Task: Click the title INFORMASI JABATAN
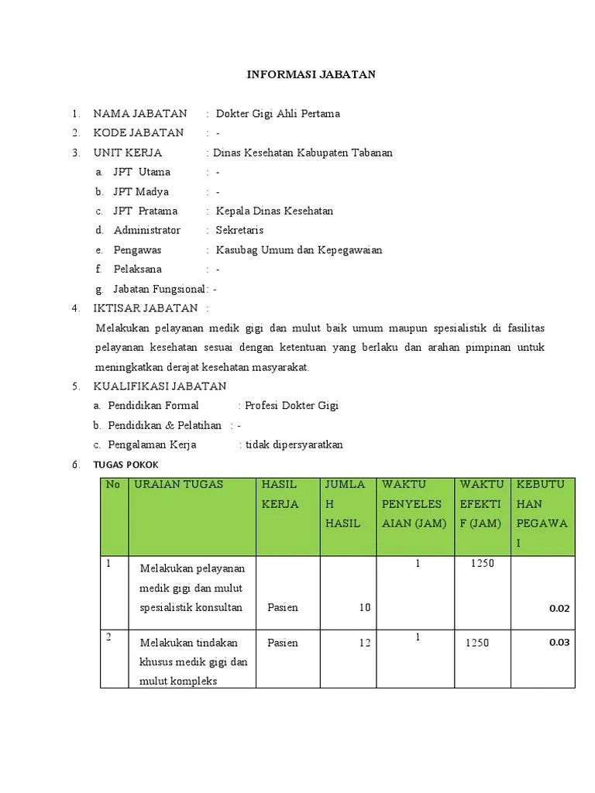tap(311, 74)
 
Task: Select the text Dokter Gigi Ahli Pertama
tap(277, 114)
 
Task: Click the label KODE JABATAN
tap(139, 133)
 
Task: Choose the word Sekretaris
tap(239, 230)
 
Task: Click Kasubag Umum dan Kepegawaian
tap(299, 250)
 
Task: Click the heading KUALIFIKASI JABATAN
tap(160, 386)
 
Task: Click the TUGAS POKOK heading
tap(126, 465)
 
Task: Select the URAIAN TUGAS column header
tap(178, 484)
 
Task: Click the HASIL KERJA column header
tap(280, 494)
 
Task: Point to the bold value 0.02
tap(559, 609)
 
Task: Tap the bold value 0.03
tap(559, 642)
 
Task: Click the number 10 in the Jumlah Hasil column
tap(364, 608)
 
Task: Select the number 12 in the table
tap(364, 643)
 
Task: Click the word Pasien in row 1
tap(283, 608)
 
